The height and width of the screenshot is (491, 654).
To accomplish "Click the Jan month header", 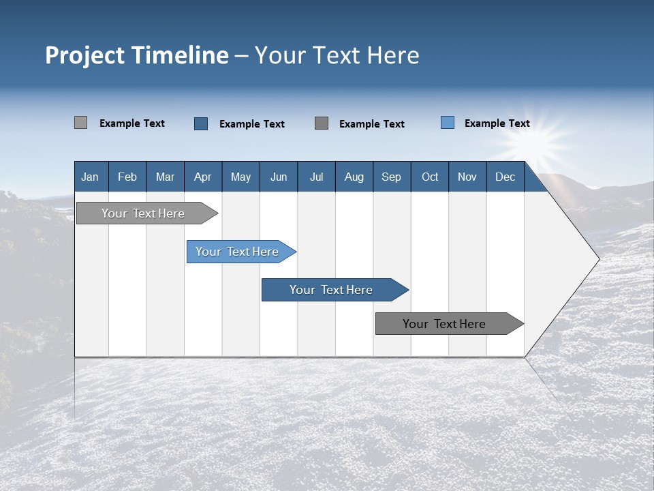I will pyautogui.click(x=90, y=177).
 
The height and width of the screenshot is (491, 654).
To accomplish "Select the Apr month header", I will pyautogui.click(x=202, y=177).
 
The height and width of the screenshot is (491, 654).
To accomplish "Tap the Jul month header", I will pyautogui.click(x=316, y=177).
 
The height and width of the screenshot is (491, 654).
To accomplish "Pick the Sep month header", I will pyautogui.click(x=391, y=177).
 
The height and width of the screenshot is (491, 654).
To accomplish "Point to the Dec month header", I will pyautogui.click(x=505, y=177).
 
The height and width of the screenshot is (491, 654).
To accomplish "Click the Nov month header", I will pyautogui.click(x=467, y=177).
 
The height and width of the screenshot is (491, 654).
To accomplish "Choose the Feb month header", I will pyautogui.click(x=127, y=177).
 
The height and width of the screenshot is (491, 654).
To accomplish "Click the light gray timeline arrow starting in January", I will pyautogui.click(x=143, y=213).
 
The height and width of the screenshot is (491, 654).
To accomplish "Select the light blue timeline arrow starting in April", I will pyautogui.click(x=237, y=252).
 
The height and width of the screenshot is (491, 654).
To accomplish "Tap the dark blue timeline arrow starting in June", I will pyautogui.click(x=331, y=290).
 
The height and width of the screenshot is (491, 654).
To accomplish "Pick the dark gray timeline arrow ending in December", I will pyautogui.click(x=444, y=324).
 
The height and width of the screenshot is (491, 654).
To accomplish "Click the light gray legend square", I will pyautogui.click(x=80, y=123).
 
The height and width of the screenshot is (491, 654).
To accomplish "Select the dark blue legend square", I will pyautogui.click(x=201, y=123).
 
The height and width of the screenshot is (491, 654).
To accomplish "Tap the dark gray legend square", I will pyautogui.click(x=322, y=123).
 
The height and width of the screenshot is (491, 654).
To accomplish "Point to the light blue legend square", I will pyautogui.click(x=448, y=123).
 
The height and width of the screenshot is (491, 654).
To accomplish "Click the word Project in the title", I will pyautogui.click(x=84, y=55).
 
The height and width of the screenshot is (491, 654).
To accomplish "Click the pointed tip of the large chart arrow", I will pyautogui.click(x=598, y=258).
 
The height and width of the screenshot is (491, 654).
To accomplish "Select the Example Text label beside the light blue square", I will pyautogui.click(x=497, y=123).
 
